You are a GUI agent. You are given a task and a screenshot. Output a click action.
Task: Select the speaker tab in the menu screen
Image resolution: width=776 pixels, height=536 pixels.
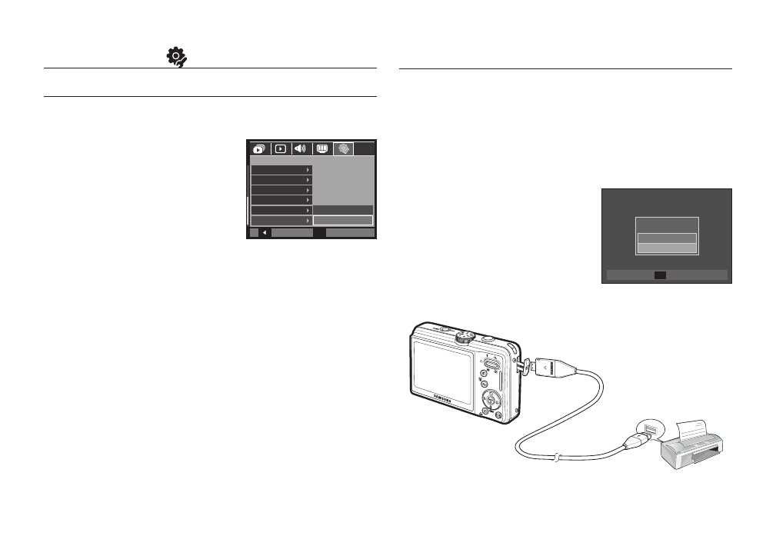[301, 149]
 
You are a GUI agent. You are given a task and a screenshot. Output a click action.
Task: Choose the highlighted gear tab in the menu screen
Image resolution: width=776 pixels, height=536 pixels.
[343, 149]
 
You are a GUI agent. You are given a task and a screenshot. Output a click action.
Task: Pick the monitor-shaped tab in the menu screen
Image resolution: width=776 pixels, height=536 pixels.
[322, 149]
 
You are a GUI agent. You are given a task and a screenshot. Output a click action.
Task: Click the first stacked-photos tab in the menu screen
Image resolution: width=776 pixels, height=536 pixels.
[258, 149]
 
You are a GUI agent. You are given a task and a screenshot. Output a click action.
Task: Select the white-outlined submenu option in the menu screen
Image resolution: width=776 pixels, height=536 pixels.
[342, 221]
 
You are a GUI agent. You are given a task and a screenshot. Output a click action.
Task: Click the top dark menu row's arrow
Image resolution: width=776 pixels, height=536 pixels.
[308, 169]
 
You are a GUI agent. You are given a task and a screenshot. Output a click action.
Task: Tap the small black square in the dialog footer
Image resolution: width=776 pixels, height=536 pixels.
[661, 275]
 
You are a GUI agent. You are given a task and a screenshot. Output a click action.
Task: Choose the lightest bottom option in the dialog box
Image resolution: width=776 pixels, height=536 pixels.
[666, 248]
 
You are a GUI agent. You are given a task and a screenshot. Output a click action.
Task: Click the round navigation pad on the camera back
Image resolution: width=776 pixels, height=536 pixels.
[491, 400]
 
